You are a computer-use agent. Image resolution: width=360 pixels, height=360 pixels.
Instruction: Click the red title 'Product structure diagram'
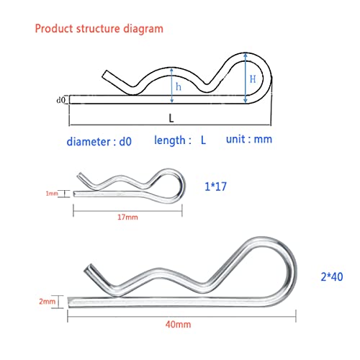tap(98, 29)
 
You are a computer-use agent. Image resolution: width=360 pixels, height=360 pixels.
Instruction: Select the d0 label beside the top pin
tap(60, 99)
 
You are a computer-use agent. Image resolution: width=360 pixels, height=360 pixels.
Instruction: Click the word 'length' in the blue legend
tap(171, 141)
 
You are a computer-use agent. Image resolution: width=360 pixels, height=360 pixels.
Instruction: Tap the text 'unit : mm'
tap(249, 139)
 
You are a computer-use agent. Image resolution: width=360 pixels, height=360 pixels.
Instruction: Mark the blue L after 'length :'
tap(203, 142)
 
